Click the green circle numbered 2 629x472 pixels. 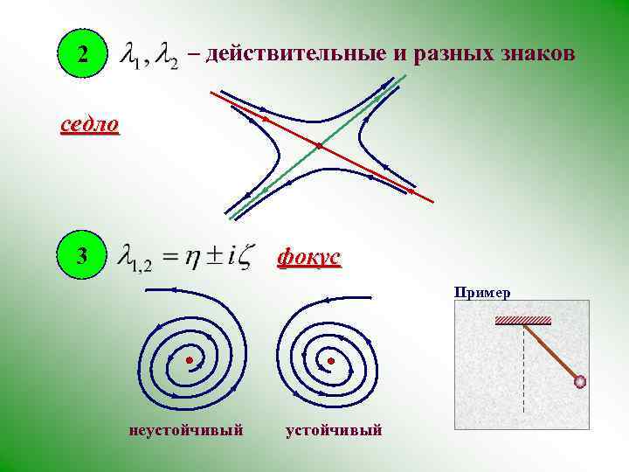81,56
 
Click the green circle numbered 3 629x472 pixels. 81,257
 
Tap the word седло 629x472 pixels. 89,124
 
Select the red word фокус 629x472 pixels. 308,258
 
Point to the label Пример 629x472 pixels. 482,293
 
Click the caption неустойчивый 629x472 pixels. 185,430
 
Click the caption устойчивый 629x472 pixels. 334,430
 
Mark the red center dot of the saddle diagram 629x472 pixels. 319,145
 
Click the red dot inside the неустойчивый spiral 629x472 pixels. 188,359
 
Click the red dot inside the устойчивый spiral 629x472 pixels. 330,359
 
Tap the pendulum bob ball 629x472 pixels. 578,381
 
